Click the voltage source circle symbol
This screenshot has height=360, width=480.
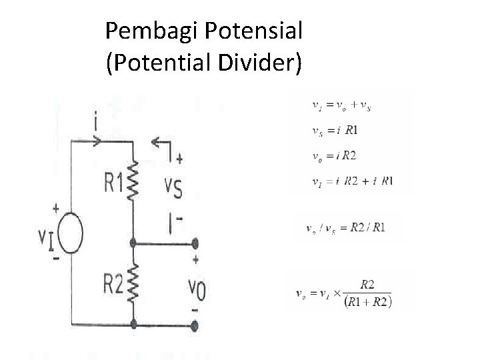69,235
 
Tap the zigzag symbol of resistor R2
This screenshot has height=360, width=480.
133,283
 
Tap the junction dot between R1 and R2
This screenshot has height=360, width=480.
134,244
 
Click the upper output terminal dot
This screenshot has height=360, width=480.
195,244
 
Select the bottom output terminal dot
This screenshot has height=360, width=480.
195,326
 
